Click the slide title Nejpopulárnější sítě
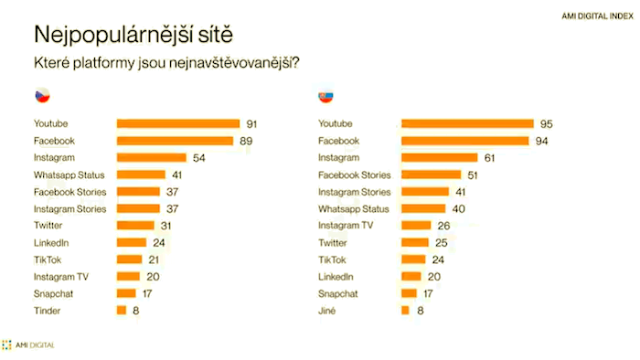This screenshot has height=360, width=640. (x=133, y=35)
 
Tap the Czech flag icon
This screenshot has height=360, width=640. (x=42, y=95)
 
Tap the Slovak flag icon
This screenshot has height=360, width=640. (x=325, y=95)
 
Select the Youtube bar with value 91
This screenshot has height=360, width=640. (x=177, y=123)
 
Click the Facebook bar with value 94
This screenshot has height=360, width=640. (x=464, y=141)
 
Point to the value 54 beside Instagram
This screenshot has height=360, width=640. (x=198, y=158)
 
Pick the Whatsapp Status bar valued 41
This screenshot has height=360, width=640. (x=141, y=175)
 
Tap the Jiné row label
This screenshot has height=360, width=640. (x=326, y=311)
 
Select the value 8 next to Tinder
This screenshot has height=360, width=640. (x=135, y=311)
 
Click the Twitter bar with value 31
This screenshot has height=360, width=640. (x=135, y=226)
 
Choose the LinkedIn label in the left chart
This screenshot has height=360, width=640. (x=51, y=243)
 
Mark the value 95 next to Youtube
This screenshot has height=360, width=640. (x=547, y=123)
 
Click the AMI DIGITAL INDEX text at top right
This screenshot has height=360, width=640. (x=595, y=16)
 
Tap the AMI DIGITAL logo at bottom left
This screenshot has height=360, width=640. (x=28, y=344)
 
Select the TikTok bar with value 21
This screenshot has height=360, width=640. (x=129, y=259)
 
